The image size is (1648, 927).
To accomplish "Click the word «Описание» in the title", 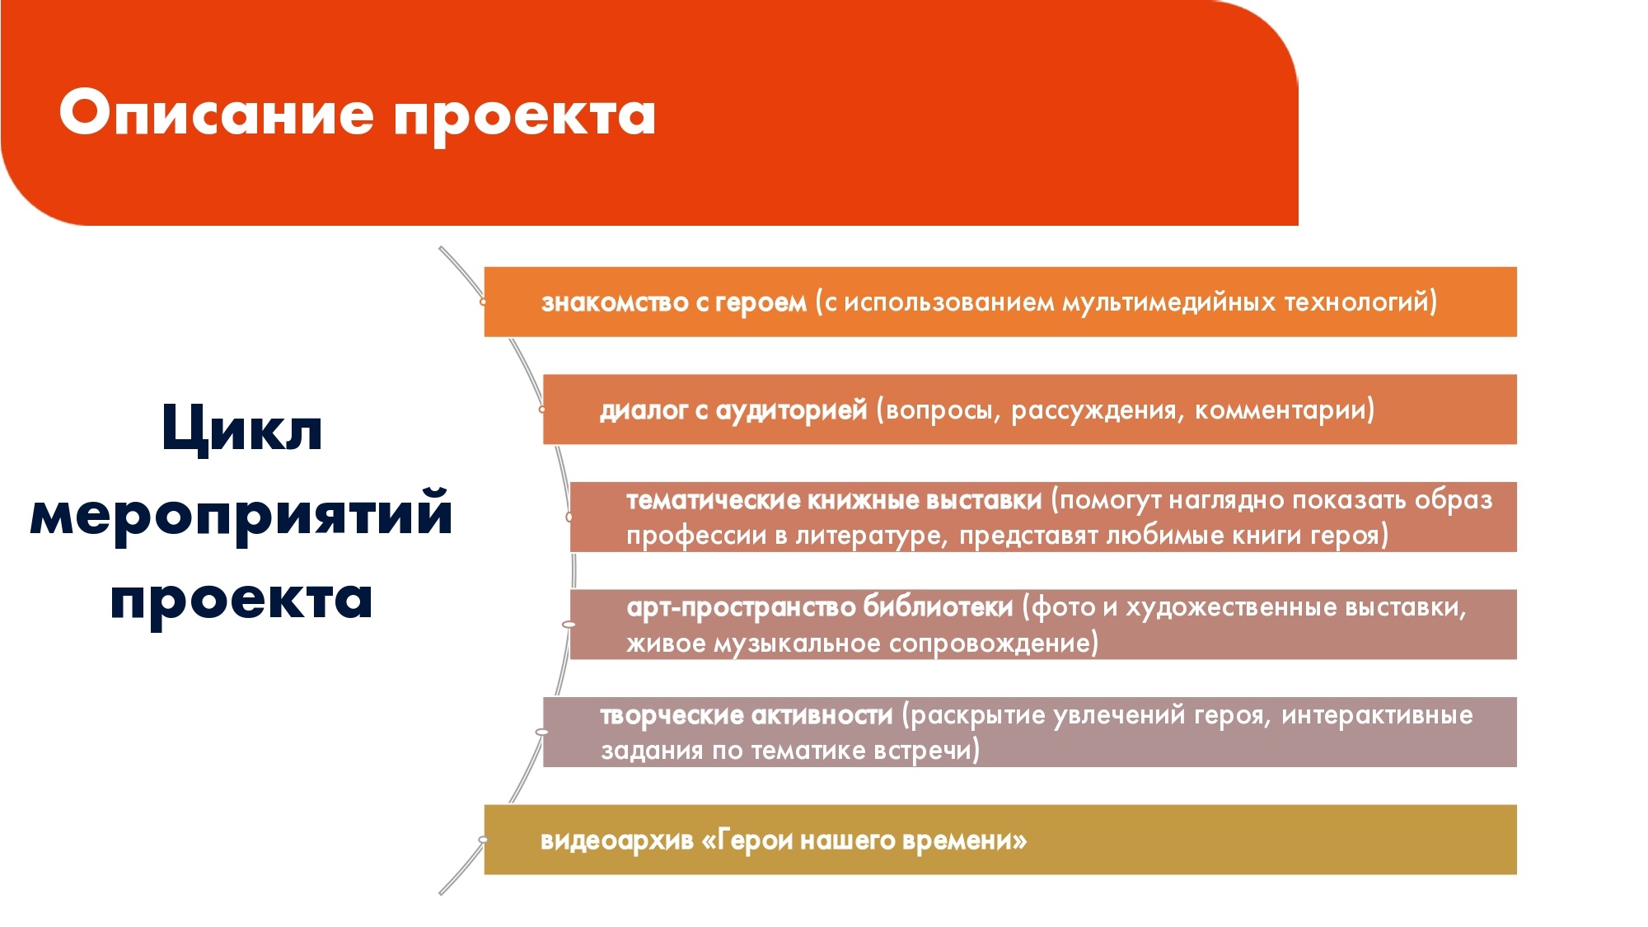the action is pyautogui.click(x=216, y=114).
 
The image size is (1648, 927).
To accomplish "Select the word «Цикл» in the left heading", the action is pyautogui.click(x=241, y=429).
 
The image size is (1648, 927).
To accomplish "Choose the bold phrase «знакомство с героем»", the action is pyautogui.click(x=674, y=303).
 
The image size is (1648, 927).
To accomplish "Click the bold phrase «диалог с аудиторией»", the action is pyautogui.click(x=733, y=410).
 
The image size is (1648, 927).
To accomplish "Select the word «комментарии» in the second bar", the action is pyautogui.click(x=1280, y=410).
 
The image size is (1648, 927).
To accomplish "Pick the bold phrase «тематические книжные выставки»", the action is pyautogui.click(x=834, y=500).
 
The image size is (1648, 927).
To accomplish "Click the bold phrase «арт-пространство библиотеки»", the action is pyautogui.click(x=820, y=608).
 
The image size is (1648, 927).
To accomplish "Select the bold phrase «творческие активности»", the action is pyautogui.click(x=747, y=715).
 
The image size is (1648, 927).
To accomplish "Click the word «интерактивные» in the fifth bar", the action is pyautogui.click(x=1377, y=715).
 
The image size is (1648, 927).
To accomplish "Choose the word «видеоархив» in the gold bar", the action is pyautogui.click(x=617, y=840).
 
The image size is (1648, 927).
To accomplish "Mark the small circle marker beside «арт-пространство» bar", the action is pyautogui.click(x=569, y=625).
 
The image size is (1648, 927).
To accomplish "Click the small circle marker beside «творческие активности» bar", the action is pyautogui.click(x=541, y=732).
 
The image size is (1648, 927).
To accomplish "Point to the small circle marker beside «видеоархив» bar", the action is pyautogui.click(x=483, y=840).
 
